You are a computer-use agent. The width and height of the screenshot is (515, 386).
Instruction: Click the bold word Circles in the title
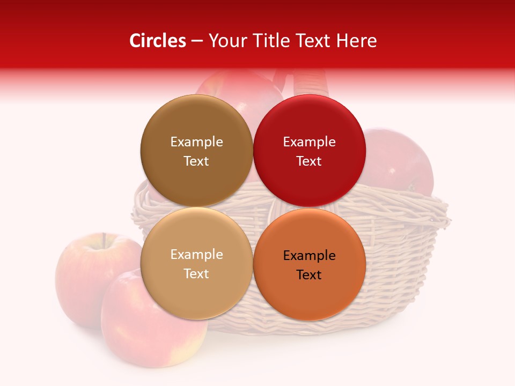157,41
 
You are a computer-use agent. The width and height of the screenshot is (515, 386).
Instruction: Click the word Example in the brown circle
196,142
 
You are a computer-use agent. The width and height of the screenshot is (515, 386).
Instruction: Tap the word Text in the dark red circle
309,161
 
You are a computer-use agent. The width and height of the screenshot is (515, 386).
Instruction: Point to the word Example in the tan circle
196,255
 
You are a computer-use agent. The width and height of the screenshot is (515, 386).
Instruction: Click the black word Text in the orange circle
309,275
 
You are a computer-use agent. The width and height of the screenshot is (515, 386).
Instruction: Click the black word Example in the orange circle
309,256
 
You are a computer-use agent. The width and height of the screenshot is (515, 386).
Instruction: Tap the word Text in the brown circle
196,161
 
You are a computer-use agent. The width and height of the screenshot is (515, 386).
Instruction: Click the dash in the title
197,41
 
